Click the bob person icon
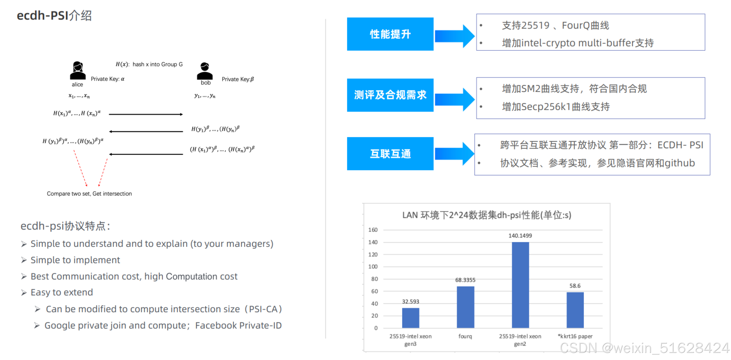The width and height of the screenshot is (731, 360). pyautogui.click(x=205, y=71)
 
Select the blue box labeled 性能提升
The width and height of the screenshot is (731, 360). pyautogui.click(x=390, y=34)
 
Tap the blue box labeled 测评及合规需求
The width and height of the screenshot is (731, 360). pyautogui.click(x=390, y=95)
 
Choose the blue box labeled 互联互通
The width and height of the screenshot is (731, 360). pyautogui.click(x=390, y=154)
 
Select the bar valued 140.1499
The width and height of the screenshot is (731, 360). pyautogui.click(x=520, y=285)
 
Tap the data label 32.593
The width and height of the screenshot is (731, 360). pyautogui.click(x=410, y=301)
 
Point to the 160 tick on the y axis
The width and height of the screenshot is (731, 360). pyautogui.click(x=373, y=230)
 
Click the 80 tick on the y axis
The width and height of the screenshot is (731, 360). pyautogui.click(x=374, y=279)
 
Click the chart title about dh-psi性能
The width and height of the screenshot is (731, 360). pyautogui.click(x=487, y=215)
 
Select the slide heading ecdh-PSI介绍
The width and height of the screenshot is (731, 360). pyautogui.click(x=54, y=15)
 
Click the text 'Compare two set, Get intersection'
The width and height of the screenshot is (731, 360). pyautogui.click(x=89, y=194)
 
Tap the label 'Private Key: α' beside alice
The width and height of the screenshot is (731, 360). pyautogui.click(x=107, y=79)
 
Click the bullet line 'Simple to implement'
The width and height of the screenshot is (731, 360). pyautogui.click(x=75, y=260)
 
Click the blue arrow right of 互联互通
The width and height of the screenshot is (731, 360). pyautogui.click(x=454, y=154)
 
